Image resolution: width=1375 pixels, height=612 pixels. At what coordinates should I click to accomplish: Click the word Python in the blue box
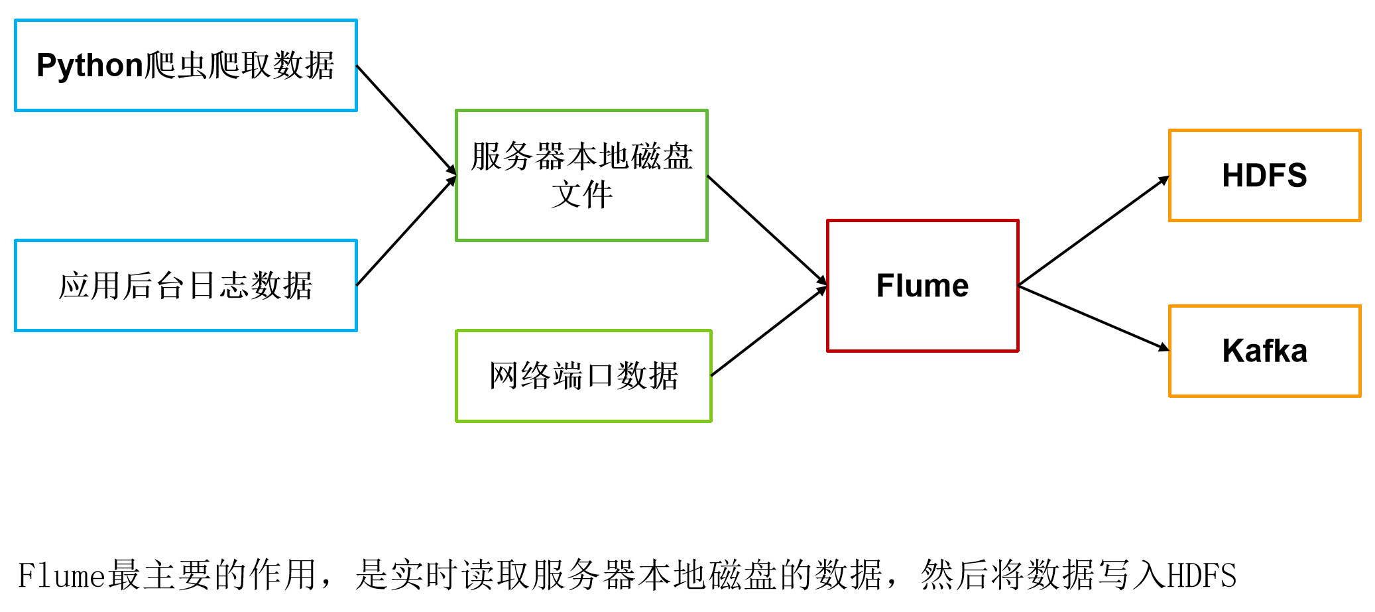[x=90, y=66]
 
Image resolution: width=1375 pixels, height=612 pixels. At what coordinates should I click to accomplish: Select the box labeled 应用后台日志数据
[x=186, y=285]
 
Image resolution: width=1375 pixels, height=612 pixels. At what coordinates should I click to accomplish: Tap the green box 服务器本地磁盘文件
[x=581, y=175]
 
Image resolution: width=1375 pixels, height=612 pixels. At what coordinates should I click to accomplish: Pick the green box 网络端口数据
[x=583, y=375]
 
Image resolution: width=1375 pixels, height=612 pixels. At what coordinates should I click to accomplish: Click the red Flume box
[x=922, y=285]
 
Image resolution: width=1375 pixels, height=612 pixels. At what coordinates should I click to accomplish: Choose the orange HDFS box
[x=1264, y=175]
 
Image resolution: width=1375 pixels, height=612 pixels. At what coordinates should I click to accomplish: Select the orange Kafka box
[x=1264, y=351]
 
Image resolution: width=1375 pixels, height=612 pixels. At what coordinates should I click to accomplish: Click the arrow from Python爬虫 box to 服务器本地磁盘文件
[x=406, y=120]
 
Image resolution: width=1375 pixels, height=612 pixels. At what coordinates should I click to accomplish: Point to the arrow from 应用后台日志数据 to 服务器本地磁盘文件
[x=406, y=231]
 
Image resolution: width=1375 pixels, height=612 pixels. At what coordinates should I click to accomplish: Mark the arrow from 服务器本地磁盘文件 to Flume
[x=767, y=230]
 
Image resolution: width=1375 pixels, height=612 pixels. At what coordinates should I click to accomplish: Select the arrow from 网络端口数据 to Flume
[x=768, y=331]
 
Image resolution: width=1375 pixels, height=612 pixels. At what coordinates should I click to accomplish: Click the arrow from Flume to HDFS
[x=1093, y=231]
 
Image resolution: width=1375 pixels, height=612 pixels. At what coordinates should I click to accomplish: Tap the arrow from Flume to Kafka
[x=1093, y=318]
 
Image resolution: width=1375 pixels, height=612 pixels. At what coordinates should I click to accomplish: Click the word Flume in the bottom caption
[x=62, y=575]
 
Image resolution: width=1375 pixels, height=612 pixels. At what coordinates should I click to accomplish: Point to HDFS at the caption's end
[x=1201, y=575]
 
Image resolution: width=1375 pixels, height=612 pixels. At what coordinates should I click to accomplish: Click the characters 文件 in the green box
[x=581, y=195]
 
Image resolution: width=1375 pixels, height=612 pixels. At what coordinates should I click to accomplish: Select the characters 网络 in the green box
[x=520, y=375]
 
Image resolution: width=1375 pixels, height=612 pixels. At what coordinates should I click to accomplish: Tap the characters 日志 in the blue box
[x=218, y=285]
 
